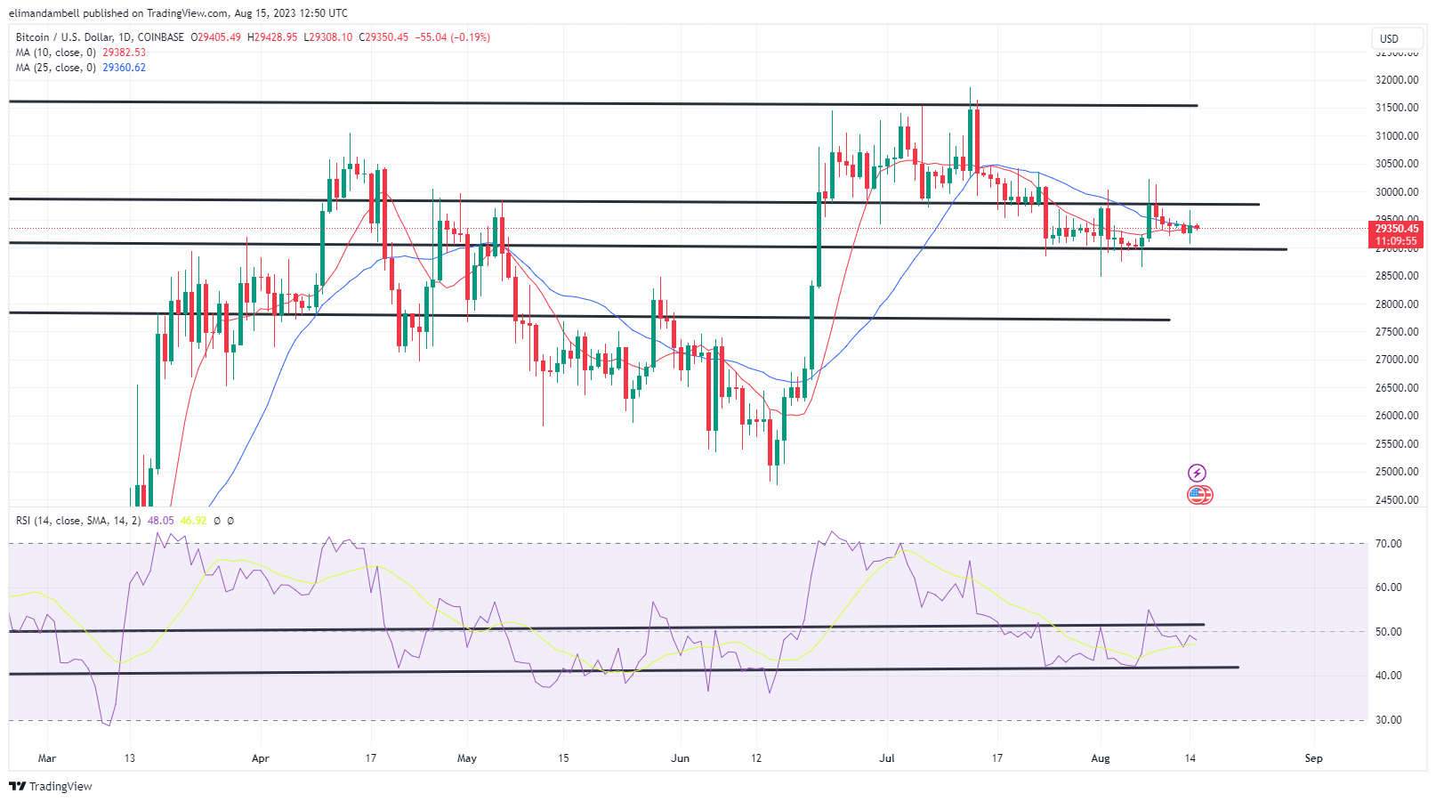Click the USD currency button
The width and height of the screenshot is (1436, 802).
click(1389, 38)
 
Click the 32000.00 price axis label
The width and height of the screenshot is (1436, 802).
click(1397, 80)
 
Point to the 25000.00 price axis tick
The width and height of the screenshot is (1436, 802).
click(1397, 472)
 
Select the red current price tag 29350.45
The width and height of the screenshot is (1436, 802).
click(1396, 229)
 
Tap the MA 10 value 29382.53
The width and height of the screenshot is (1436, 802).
click(124, 53)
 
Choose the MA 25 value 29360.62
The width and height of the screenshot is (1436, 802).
click(124, 68)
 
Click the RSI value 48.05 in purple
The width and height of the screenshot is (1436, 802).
click(160, 521)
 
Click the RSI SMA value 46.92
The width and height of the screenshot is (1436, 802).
click(193, 521)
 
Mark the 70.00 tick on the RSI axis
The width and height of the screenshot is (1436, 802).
click(1389, 544)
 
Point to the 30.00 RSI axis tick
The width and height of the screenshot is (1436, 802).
click(1389, 720)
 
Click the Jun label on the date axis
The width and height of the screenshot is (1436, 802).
click(680, 758)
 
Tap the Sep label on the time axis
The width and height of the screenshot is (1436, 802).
click(1313, 758)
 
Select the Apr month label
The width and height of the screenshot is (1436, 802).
click(260, 758)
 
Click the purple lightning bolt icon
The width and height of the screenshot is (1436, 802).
click(1197, 473)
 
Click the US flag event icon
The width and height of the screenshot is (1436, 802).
click(1199, 495)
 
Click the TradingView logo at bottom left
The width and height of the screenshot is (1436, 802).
click(51, 786)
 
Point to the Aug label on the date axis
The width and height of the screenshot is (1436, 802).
click(1101, 758)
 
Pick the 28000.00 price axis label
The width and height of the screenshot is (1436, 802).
click(1397, 304)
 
